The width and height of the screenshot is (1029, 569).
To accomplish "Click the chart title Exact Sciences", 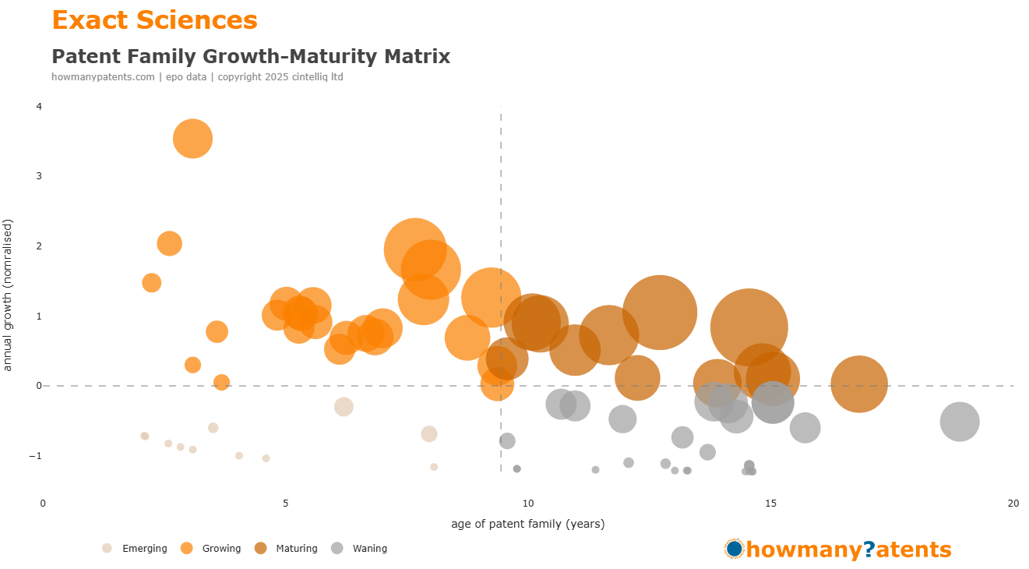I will click(154, 20).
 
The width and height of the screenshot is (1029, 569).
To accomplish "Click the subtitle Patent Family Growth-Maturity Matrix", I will click(250, 56).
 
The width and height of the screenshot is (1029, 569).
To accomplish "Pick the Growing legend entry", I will click(212, 549).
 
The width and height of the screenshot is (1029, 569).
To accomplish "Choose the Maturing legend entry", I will click(287, 549).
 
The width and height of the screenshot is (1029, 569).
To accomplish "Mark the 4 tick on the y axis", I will click(39, 106).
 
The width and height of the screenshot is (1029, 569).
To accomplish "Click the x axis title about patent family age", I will click(527, 524).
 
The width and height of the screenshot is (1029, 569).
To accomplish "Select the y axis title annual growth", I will click(9, 295).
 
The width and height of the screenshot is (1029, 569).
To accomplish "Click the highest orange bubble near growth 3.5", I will click(193, 139).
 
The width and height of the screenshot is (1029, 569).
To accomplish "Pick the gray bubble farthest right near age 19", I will click(960, 422).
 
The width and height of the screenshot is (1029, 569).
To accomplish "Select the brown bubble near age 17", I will click(859, 383).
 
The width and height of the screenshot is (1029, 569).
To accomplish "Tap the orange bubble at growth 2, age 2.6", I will click(169, 244).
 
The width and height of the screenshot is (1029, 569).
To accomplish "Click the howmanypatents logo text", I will click(848, 550).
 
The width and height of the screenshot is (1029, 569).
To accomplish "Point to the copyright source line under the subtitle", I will click(197, 77).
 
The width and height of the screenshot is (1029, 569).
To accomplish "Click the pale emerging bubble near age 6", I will click(344, 407).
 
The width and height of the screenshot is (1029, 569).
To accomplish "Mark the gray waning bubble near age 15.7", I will click(805, 427).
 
